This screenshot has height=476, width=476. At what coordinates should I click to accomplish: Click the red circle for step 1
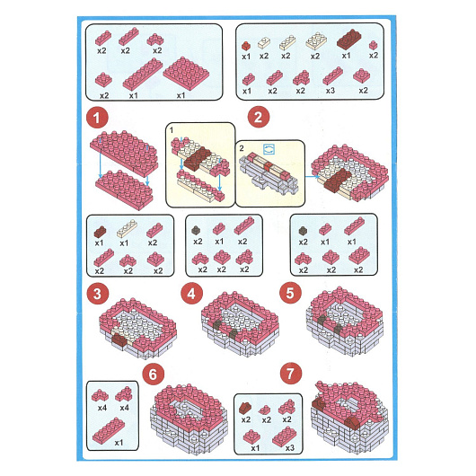tap(97, 117)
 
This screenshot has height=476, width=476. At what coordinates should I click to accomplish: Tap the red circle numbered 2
tap(259, 117)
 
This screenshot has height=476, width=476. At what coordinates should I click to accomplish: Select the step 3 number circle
tap(98, 294)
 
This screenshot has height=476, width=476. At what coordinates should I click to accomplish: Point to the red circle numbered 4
tap(191, 294)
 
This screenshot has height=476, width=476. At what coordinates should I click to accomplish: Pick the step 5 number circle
tap(290, 293)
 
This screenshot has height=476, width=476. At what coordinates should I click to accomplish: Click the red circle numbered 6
tap(153, 375)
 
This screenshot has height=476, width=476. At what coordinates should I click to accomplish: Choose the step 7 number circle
tap(291, 374)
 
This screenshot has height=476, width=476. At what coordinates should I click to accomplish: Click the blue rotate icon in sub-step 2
tap(269, 149)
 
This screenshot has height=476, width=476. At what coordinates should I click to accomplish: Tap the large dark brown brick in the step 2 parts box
tap(348, 39)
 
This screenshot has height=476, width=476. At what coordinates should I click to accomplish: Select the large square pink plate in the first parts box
tap(186, 73)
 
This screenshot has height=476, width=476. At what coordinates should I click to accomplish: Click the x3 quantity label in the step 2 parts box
tap(330, 91)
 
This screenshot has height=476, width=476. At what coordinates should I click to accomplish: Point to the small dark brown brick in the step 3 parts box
tap(100, 232)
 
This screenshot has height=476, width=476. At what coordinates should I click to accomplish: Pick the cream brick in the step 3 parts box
tap(127, 228)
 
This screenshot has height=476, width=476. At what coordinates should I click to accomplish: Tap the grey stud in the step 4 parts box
tap(197, 230)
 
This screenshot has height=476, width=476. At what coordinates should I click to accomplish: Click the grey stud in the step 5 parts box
tap(303, 231)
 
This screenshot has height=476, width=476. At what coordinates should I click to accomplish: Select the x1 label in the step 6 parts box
tap(119, 443)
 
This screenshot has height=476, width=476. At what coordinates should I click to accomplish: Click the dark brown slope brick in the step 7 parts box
tap(245, 408)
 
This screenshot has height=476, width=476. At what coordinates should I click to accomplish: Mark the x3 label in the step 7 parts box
tap(289, 448)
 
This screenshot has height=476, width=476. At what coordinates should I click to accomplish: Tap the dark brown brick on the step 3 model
tap(119, 339)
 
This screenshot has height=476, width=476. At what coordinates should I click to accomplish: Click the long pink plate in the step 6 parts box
tap(109, 430)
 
